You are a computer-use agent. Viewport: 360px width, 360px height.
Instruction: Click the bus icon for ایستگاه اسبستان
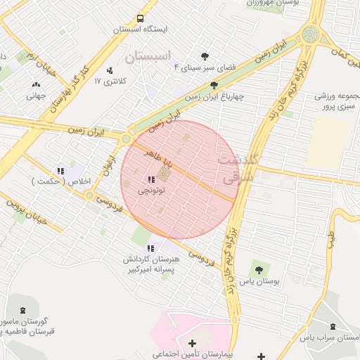pos(141,18)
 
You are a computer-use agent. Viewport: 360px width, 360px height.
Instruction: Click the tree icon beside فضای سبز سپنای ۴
pos(205,56)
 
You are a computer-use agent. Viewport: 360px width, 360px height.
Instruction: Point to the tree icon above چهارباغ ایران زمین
pos(214,86)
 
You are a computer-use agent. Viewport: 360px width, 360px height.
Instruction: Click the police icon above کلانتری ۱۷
pos(109,70)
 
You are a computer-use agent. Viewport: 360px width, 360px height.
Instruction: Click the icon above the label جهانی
pos(36,86)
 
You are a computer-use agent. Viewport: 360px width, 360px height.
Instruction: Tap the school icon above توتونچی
pos(152,179)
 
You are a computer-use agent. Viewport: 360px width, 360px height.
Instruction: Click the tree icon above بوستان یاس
pos(259,269)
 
